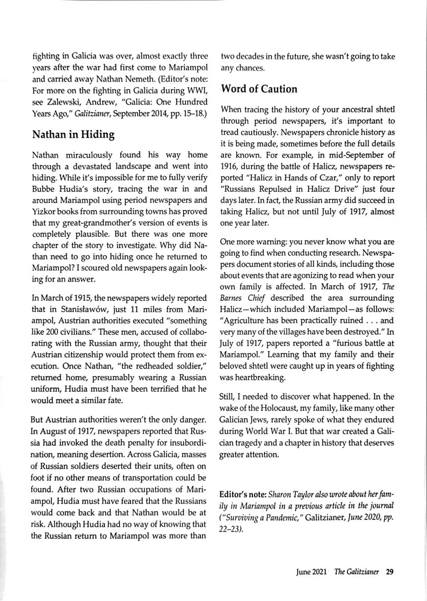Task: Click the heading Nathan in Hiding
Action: [73, 135]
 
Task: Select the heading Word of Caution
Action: [259, 89]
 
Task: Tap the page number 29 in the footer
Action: [389, 572]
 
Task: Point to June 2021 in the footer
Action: [311, 572]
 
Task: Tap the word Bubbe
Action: [44, 189]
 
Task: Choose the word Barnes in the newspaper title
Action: [232, 298]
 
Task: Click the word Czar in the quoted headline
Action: [317, 178]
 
